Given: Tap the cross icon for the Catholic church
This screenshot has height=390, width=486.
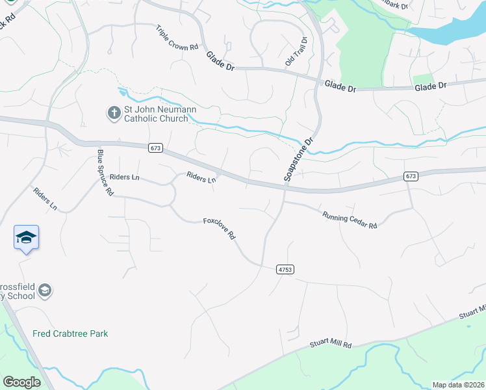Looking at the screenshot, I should tap(114, 113).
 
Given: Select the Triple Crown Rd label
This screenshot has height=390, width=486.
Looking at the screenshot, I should tap(177, 38).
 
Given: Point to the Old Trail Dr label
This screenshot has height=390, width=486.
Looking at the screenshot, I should tap(296, 51).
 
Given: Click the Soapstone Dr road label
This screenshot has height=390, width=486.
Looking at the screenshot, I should tap(298, 159).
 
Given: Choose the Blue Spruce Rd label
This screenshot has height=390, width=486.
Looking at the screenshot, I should tap(105, 173).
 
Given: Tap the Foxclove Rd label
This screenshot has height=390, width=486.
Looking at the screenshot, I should tap(219, 228).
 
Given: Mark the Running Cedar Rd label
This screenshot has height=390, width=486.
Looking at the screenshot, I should tap(350, 220).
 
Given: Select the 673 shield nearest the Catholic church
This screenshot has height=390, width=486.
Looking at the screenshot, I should tap(155, 148).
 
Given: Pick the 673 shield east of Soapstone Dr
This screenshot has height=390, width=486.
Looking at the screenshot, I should tap(410, 176).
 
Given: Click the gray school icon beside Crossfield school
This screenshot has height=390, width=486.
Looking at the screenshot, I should tap(45, 290).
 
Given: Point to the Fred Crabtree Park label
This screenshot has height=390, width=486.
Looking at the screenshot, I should tap(70, 333).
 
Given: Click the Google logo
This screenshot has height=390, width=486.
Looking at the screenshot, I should tap(21, 382).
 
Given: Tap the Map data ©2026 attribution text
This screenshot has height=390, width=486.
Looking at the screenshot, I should tap(458, 385).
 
